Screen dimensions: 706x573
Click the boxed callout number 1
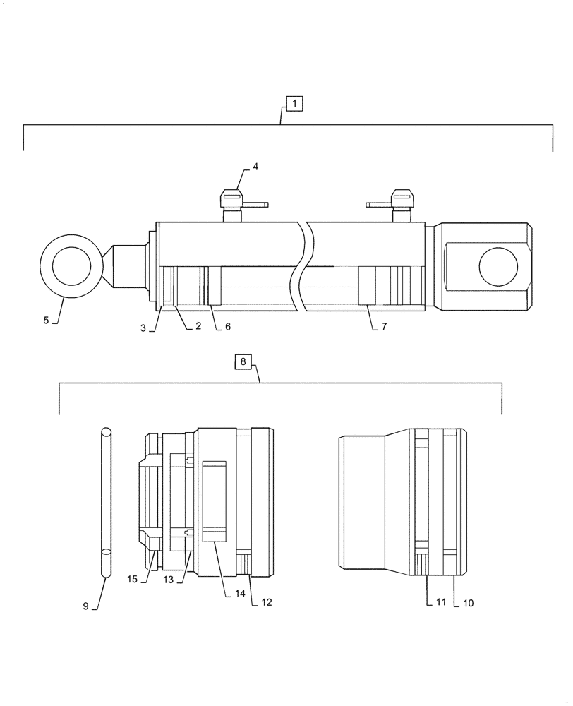click(x=294, y=104)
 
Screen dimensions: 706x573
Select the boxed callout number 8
click(x=242, y=362)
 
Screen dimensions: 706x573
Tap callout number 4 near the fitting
click(x=255, y=167)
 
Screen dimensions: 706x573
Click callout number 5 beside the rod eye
click(x=47, y=320)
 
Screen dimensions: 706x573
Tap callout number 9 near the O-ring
click(x=85, y=606)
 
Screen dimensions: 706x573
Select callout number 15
click(x=133, y=580)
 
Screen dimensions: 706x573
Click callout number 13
click(x=168, y=580)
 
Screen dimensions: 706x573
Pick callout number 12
click(x=266, y=603)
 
